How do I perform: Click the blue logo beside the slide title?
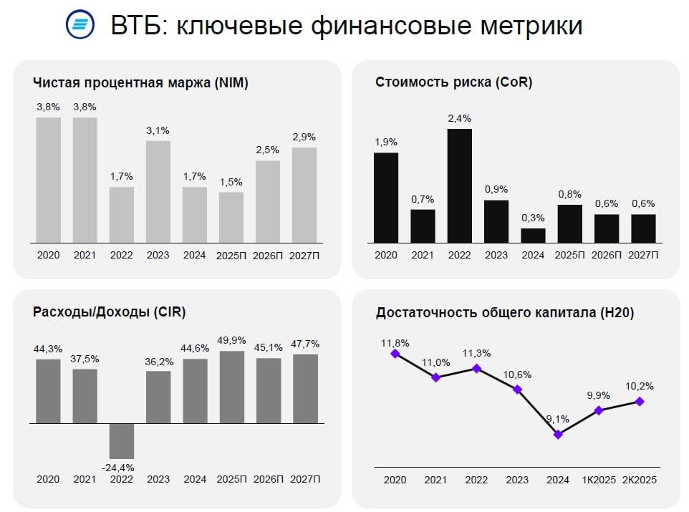79,25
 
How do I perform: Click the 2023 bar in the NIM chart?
158,191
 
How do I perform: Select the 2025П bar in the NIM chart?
231,217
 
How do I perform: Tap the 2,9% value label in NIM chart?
304,137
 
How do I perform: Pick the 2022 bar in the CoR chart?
459,185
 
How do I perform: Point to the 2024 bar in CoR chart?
533,236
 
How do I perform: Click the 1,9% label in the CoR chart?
385,142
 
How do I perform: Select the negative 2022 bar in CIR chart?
122,440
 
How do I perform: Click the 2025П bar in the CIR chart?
231,387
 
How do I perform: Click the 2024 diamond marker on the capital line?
558,434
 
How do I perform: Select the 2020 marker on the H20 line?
394,353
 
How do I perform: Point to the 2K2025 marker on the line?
640,402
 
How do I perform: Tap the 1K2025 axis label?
599,480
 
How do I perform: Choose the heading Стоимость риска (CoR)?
453,82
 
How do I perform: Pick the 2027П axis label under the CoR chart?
642,255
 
